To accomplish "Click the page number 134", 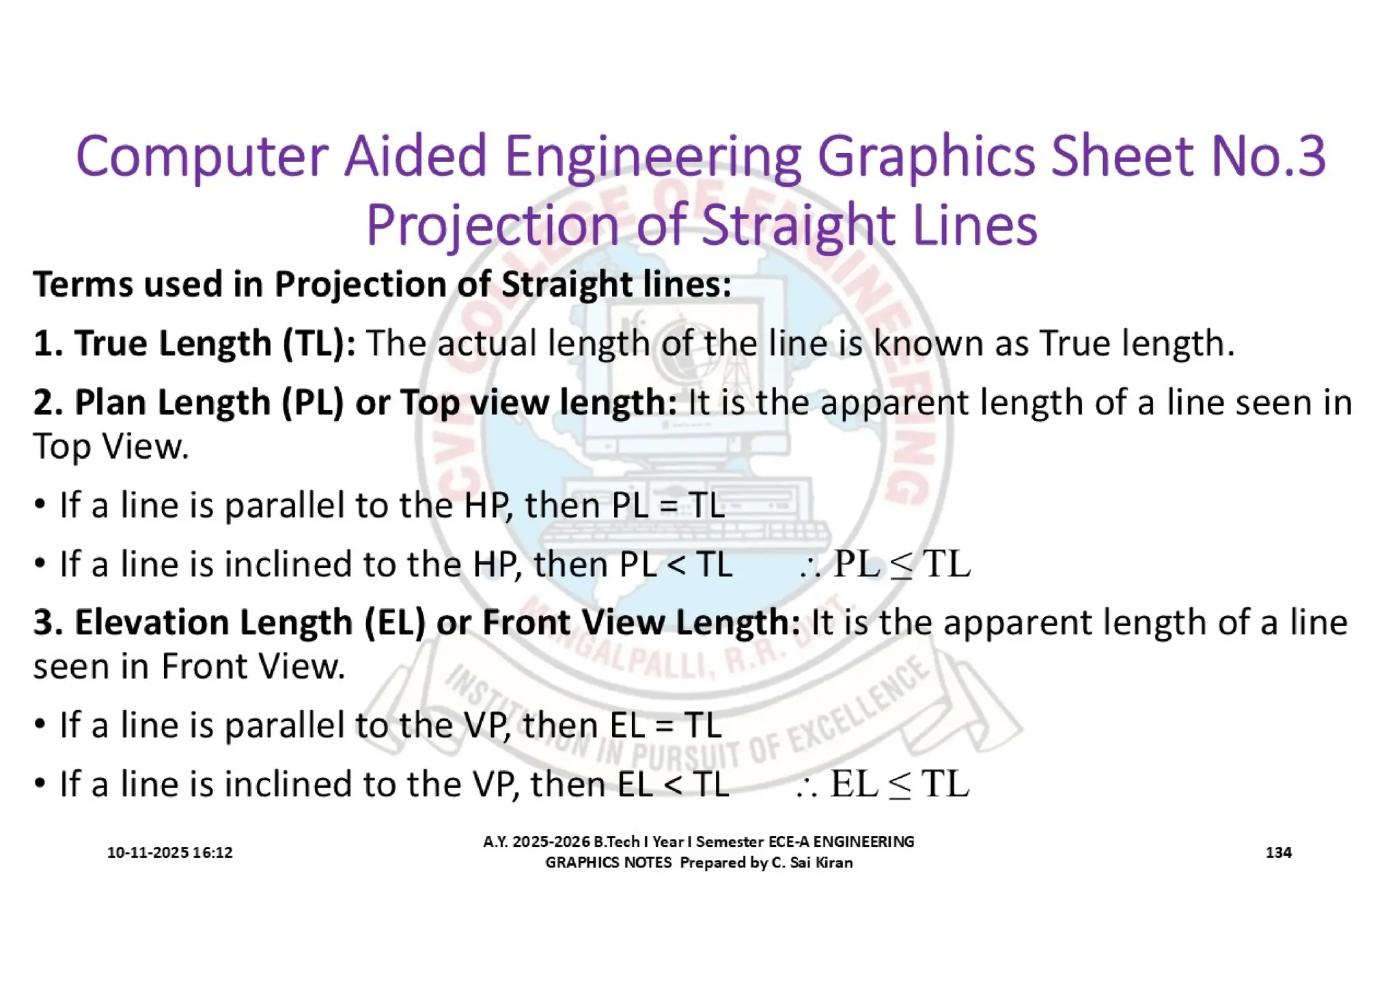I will coord(1278,852).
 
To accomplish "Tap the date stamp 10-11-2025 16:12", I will coord(169,852).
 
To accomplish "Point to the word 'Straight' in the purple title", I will coord(799,226).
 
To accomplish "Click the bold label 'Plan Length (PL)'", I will coord(189,402).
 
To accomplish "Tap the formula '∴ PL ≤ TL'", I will coord(885,565).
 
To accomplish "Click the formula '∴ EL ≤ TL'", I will coord(883,784).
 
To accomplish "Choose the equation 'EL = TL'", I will coord(665,725).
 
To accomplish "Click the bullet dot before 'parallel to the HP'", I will coord(40,504).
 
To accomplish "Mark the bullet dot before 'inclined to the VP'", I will coord(40,783).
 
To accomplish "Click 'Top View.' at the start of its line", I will coord(111,447).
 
